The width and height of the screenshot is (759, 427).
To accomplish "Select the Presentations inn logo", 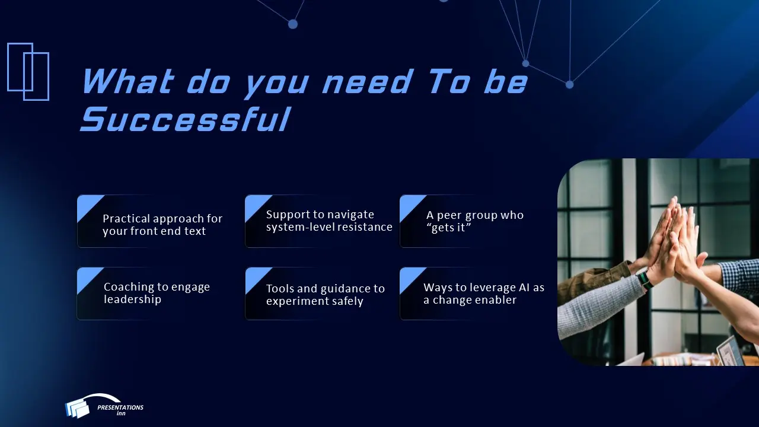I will point(104,406).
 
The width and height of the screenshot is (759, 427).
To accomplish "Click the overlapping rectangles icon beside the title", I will point(28,71).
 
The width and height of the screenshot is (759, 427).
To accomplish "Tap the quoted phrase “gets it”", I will point(448,228).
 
